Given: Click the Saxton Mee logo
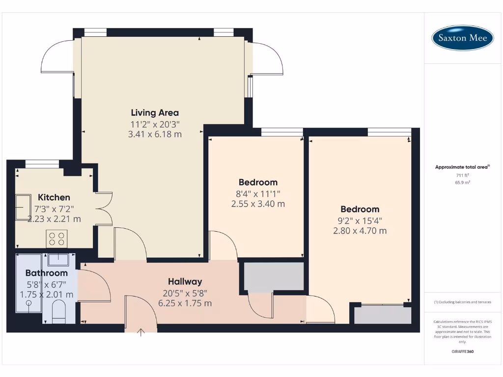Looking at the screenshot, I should (x=462, y=38).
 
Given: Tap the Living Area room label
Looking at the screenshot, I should (x=155, y=113).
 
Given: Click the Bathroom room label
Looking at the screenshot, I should (x=46, y=273).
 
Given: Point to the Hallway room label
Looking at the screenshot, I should (x=185, y=282).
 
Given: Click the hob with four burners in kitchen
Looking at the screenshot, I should (x=56, y=239).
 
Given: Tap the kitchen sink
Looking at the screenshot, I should (x=23, y=207).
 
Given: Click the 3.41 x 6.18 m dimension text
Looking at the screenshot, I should (x=155, y=134).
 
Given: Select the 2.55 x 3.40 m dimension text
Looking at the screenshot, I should (x=258, y=204).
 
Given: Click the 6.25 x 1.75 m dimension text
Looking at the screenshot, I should (x=185, y=303).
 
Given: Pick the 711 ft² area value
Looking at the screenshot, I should (x=462, y=175).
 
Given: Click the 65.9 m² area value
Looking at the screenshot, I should (x=462, y=182).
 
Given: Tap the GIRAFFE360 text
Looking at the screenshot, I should (x=462, y=351).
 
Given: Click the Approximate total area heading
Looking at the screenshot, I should (x=462, y=167).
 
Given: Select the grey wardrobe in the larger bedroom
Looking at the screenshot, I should (x=383, y=315).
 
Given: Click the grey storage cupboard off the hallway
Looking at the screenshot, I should (x=274, y=276).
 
